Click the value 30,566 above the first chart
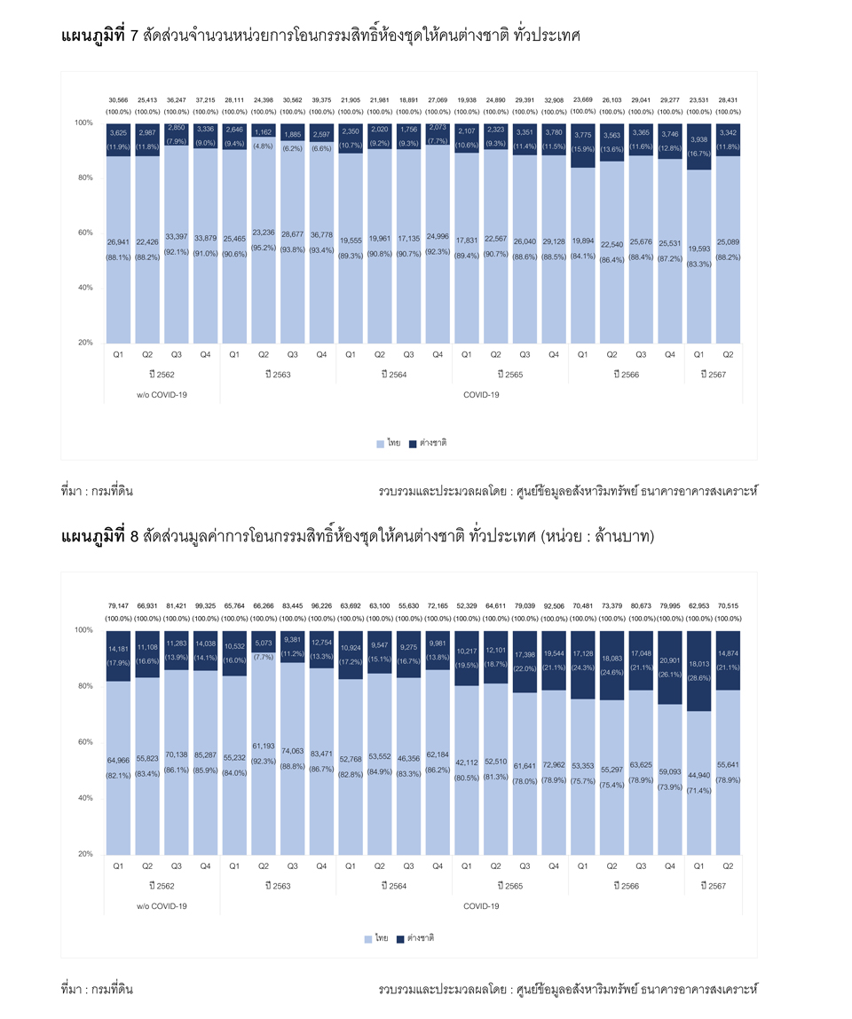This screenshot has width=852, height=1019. tap(118, 100)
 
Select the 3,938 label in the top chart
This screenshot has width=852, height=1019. tap(698, 139)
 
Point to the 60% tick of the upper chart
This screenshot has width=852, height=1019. tap(83, 233)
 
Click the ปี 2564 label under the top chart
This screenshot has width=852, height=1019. tap(392, 375)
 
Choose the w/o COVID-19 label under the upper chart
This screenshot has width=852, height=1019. tap(162, 395)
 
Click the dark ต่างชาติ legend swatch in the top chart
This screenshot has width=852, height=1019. tap(413, 443)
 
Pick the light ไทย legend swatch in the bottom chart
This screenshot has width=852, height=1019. tap(368, 938)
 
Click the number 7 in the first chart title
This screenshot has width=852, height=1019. tap(134, 36)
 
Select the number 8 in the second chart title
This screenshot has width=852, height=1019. tap(134, 536)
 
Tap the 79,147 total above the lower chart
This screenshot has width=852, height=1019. tap(118, 606)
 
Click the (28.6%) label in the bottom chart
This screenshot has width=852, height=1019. tap(698, 676)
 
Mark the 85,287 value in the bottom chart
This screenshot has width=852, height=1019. tap(205, 755)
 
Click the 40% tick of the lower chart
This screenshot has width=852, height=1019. tap(83, 798)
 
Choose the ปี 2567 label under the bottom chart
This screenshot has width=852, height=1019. tap(713, 886)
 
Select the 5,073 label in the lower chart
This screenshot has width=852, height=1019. tap(264, 643)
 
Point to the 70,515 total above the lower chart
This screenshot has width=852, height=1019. tap(728, 606)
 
